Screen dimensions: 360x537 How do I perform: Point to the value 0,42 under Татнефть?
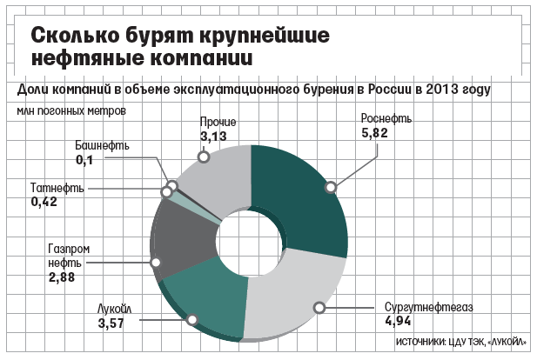click(x=44, y=202)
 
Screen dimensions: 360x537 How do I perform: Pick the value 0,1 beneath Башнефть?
click(x=85, y=161)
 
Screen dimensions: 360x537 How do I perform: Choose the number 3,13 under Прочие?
click(x=213, y=137)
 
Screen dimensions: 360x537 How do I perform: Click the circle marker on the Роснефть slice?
click(x=331, y=185)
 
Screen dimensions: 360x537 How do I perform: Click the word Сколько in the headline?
click(x=72, y=37)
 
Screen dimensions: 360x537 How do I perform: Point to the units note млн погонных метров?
click(x=70, y=110)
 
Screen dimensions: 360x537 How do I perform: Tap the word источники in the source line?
click(x=422, y=343)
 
